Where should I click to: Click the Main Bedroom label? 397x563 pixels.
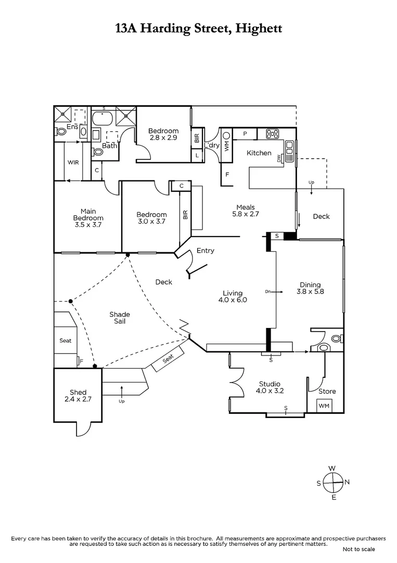[x=88, y=218]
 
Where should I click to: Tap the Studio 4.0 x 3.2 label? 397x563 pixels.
[x=270, y=387]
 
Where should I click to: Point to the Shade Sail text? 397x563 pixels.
[x=119, y=318]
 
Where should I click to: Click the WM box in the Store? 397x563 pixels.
[x=324, y=406]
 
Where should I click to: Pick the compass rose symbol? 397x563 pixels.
[x=333, y=483]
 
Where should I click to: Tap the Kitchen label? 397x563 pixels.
[x=259, y=153]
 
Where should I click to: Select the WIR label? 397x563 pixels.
[x=73, y=162]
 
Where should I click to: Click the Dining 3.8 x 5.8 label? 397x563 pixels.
[x=310, y=288]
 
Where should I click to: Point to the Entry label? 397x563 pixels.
[x=205, y=251]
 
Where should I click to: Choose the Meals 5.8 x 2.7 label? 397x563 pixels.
[x=245, y=211]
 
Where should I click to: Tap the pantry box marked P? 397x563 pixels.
[x=245, y=134]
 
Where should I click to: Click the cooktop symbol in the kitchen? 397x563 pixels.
[x=272, y=133]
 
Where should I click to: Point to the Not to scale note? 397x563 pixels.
[x=359, y=549]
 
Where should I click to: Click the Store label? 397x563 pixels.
[x=327, y=391]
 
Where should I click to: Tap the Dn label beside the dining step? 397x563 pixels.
[x=268, y=291]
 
